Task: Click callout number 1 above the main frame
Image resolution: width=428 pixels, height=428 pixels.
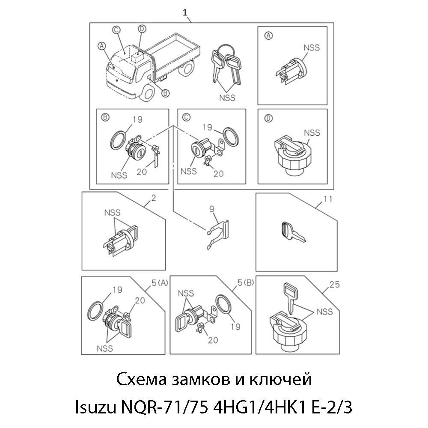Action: click(185, 13)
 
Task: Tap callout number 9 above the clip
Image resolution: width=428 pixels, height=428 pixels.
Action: click(212, 209)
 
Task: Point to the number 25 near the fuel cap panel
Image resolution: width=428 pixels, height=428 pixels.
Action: click(334, 285)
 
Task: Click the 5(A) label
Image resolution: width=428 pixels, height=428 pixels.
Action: click(160, 283)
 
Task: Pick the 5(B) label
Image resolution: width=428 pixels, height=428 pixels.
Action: click(245, 283)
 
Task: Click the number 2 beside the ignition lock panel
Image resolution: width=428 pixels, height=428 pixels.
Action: click(154, 198)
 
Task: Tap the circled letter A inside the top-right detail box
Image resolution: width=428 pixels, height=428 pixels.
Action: click(269, 36)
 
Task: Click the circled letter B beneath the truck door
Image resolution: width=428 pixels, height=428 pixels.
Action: click(165, 93)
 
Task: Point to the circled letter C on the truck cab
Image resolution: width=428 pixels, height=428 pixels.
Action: click(116, 30)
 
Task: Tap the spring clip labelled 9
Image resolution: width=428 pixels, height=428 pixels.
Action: click(217, 234)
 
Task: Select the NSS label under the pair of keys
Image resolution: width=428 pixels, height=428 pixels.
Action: click(227, 98)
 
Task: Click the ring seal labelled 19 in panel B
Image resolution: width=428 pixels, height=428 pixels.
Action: click(119, 140)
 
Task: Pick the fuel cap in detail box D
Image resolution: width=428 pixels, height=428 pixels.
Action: click(291, 154)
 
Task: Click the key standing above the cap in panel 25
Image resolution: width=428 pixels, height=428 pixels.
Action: click(290, 298)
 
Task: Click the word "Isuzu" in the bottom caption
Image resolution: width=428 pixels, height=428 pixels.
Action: click(95, 407)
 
